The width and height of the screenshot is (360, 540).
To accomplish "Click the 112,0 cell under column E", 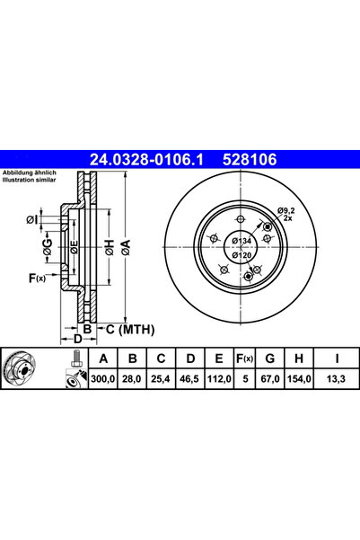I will [219, 380].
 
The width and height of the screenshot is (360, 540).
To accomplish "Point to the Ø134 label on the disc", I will [241, 241].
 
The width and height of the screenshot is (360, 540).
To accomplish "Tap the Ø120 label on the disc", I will [241, 256].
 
